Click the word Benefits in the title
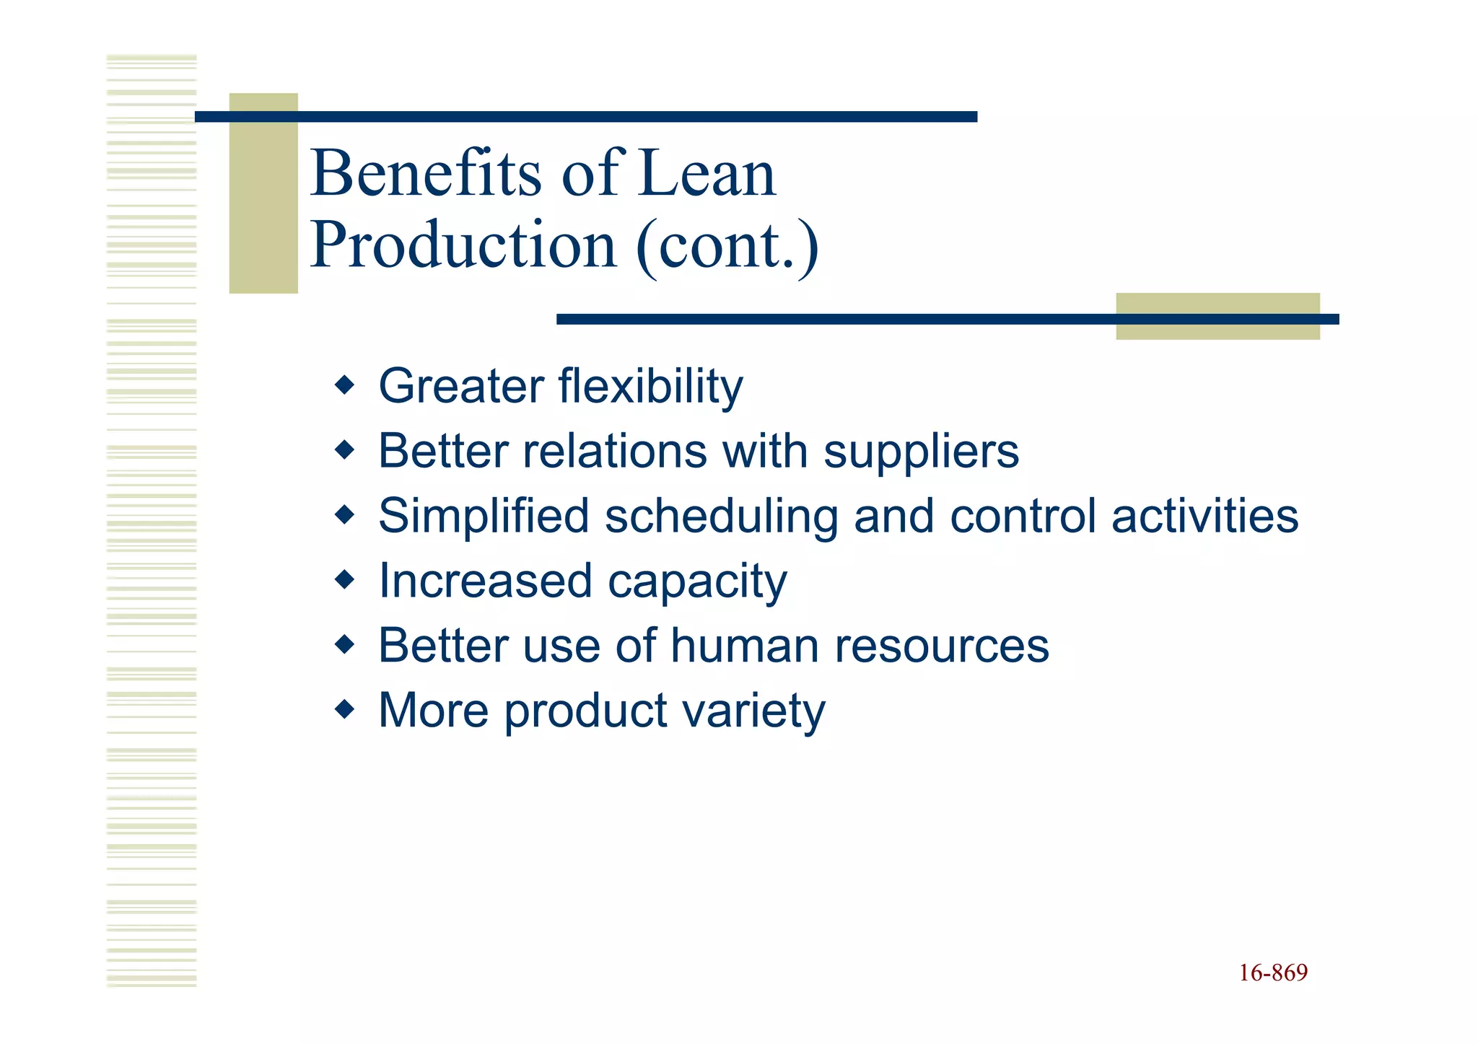[x=426, y=173]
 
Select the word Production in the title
[x=463, y=245]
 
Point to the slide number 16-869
[x=1273, y=973]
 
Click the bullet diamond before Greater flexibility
[x=345, y=385]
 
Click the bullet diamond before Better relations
[x=345, y=451]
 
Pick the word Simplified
[x=484, y=517]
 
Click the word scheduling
[x=721, y=517]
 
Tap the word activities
[x=1204, y=517]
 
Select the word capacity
[x=697, y=582]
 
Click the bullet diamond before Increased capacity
[x=345, y=579]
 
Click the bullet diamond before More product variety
[x=345, y=709]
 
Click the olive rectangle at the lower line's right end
[x=1217, y=332]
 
